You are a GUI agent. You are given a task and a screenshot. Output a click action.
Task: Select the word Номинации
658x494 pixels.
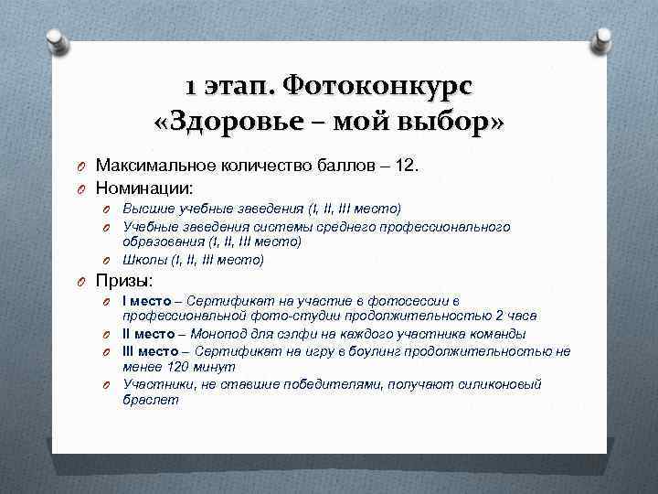coord(143,188)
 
